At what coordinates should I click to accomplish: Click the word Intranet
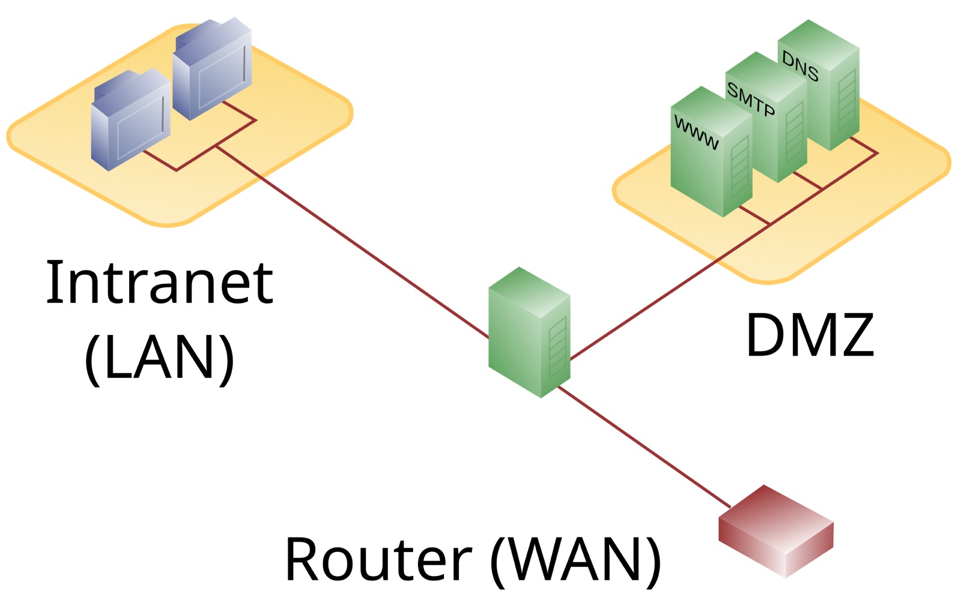tap(159, 282)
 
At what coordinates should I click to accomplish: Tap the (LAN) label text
tap(159, 358)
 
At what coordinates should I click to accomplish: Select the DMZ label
tap(809, 335)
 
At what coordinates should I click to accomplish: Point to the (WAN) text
tap(575, 559)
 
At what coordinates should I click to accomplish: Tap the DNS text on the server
tap(800, 66)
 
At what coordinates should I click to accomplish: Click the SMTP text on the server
tap(751, 99)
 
